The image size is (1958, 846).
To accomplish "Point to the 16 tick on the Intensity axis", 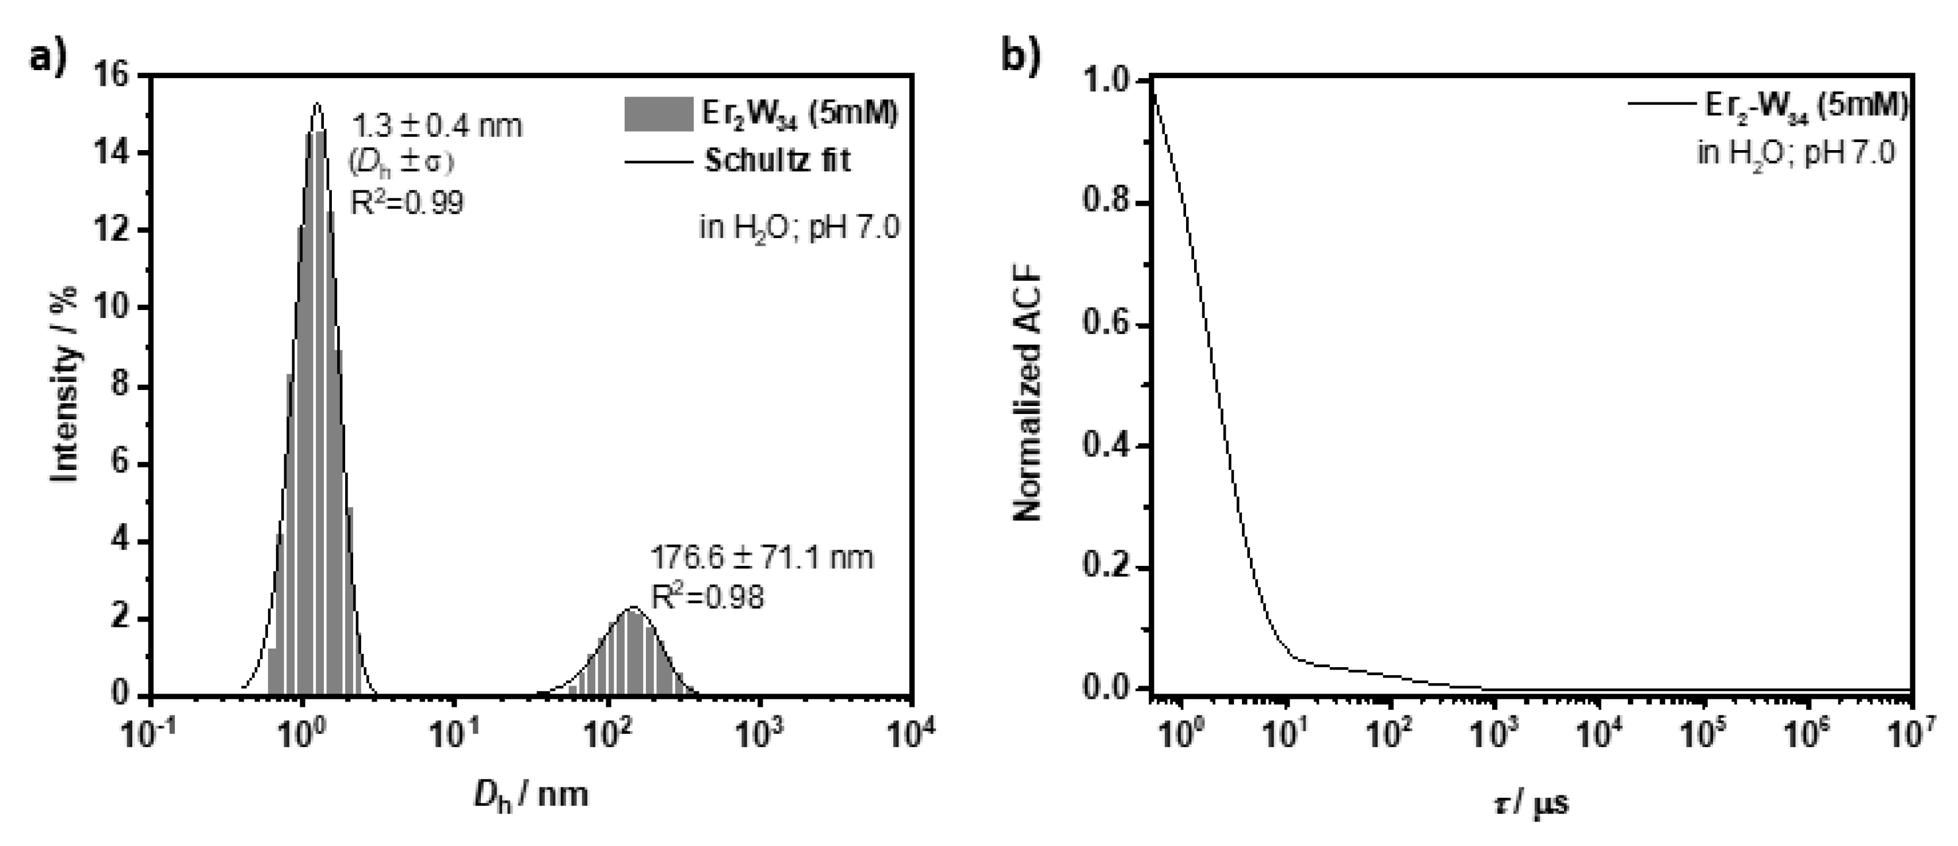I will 121,76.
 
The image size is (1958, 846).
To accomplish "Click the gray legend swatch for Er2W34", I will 658,114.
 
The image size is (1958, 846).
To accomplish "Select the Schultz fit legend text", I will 777,160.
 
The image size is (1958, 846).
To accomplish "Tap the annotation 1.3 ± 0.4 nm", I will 436,126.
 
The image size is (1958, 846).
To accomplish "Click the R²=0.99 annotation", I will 406,202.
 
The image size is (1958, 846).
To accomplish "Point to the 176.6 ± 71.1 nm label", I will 762,558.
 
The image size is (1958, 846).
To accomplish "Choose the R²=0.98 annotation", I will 707,598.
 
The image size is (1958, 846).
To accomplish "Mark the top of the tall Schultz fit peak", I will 317,104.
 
